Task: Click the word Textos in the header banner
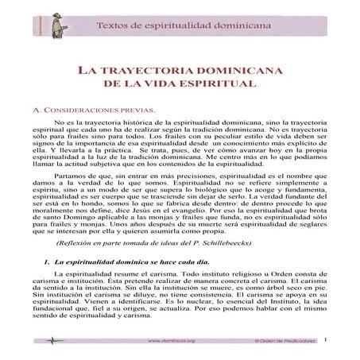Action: (x=111, y=25)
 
